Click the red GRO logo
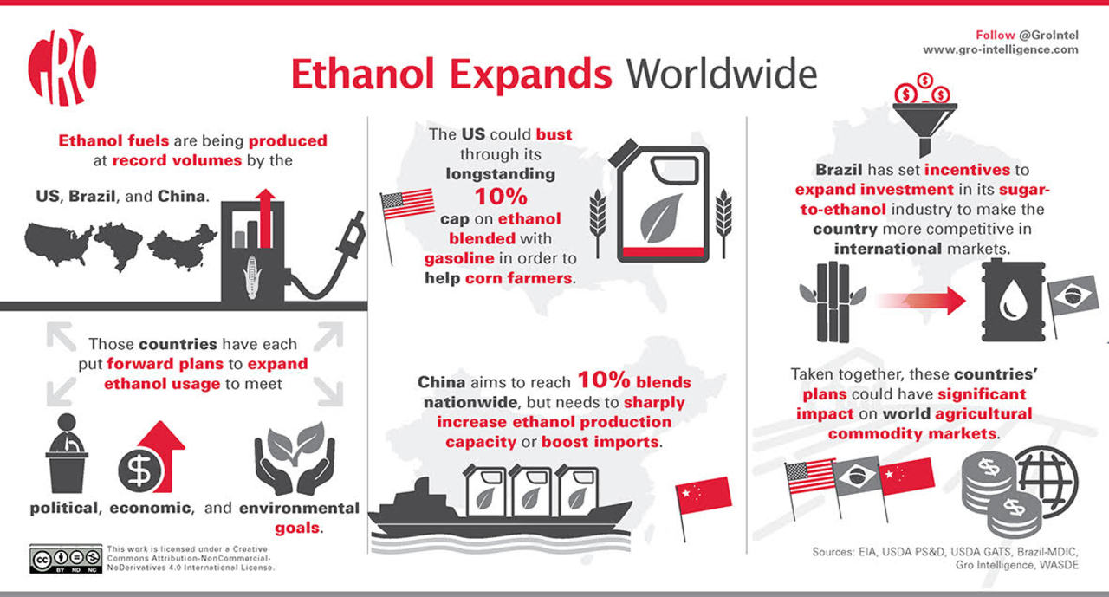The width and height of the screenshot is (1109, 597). pos(62,68)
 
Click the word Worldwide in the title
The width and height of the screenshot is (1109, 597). pos(722,75)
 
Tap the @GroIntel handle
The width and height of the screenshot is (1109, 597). pos(1048,36)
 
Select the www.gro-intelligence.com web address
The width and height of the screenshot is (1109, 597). pos(1000,49)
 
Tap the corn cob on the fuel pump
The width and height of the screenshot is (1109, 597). pos(251,277)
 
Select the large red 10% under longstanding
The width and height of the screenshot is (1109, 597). pos(501,197)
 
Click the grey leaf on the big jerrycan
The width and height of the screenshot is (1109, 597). pos(660,218)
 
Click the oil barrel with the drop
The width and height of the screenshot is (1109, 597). pos(1014,301)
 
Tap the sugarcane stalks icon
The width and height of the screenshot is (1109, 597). pos(833,302)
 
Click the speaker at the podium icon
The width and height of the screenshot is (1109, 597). pos(67,453)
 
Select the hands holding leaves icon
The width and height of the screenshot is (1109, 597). pos(295,457)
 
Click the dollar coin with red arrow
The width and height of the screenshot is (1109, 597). pos(151,457)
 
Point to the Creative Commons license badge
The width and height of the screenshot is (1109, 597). pos(66,559)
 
